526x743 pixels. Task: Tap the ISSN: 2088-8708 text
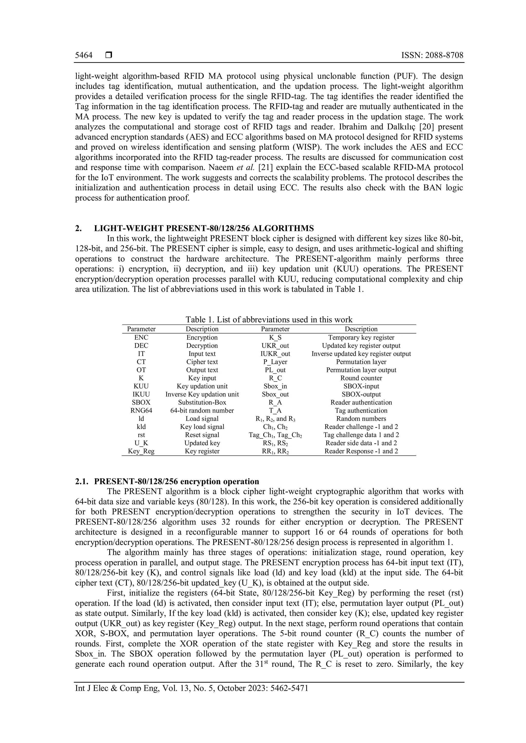tap(432, 55)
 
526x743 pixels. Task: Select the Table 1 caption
tap(269, 320)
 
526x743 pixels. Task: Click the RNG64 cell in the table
tap(141, 411)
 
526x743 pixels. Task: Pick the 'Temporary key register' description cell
tap(361, 338)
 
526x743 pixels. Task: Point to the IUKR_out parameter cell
tap(275, 354)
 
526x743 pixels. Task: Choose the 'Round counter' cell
tap(361, 378)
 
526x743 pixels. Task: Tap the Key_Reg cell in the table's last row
tap(141, 451)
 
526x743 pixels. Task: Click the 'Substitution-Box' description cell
tap(202, 403)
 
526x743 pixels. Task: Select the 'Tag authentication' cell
tap(361, 411)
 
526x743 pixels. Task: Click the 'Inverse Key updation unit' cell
tap(202, 395)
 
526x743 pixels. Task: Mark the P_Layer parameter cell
tap(275, 362)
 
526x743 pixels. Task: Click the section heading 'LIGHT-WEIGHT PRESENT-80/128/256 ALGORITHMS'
tap(204, 228)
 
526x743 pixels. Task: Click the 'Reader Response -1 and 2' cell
tap(361, 451)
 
